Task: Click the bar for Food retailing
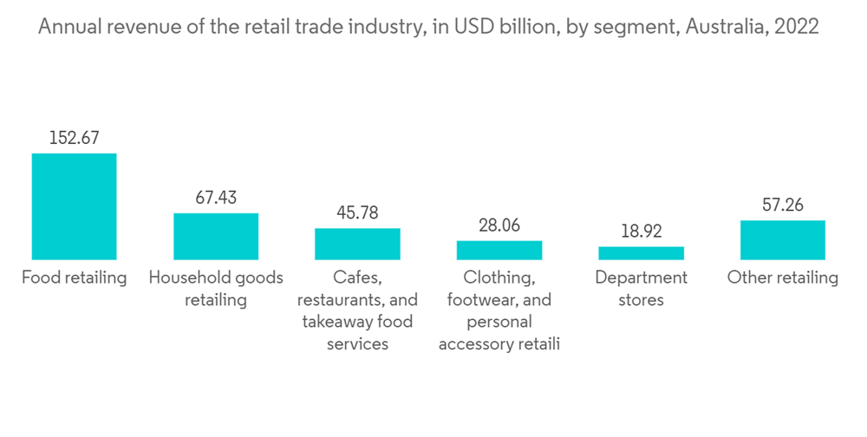[74, 206]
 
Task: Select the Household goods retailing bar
[216, 236]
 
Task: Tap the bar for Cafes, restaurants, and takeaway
[357, 244]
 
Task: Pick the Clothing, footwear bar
[499, 250]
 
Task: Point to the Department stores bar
[641, 253]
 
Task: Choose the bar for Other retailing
[783, 239]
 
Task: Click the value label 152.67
[74, 137]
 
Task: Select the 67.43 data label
[216, 198]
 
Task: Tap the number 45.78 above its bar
[357, 212]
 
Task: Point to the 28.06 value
[499, 225]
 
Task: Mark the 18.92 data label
[641, 232]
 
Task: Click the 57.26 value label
[783, 205]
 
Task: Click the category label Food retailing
[74, 278]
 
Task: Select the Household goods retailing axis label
[216, 289]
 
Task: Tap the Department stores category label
[641, 289]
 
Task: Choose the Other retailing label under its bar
[783, 278]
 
